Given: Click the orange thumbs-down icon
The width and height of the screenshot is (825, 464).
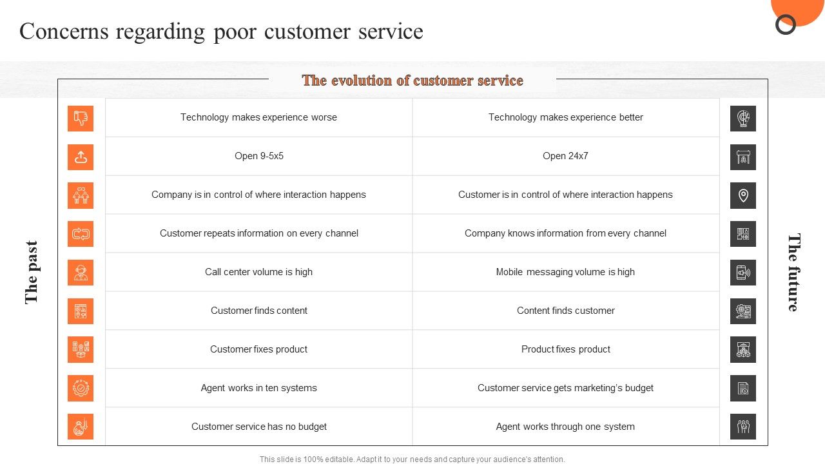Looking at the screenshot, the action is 81,118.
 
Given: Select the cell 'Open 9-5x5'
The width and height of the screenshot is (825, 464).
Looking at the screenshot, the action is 259,156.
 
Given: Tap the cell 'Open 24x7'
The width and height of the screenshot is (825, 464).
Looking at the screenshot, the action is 565,156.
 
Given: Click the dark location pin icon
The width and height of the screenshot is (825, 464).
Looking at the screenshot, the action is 743,195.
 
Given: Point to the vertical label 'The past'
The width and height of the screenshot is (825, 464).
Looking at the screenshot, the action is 32,273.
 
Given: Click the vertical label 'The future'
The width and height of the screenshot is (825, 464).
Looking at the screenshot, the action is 793,273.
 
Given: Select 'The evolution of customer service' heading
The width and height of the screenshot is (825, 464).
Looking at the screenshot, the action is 412,81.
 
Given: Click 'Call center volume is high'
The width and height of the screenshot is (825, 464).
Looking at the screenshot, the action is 258,272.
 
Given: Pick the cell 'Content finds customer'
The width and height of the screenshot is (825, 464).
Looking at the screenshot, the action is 565,311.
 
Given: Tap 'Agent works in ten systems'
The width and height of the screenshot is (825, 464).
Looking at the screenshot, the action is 258,388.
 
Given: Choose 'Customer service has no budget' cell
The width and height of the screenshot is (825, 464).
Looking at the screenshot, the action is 259,427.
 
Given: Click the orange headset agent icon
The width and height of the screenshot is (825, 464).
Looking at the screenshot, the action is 81,273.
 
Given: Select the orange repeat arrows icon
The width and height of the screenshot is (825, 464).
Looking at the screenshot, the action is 81,234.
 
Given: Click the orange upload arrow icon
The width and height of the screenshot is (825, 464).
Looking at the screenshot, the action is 81,157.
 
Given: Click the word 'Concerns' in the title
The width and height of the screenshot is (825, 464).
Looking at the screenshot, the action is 64,32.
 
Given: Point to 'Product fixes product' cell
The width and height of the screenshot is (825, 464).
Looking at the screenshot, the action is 565,349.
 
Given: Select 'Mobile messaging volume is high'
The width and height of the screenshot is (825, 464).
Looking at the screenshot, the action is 565,272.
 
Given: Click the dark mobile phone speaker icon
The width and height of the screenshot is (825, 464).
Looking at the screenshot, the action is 743,273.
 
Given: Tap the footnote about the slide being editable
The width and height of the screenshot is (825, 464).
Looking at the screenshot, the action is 412,459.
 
